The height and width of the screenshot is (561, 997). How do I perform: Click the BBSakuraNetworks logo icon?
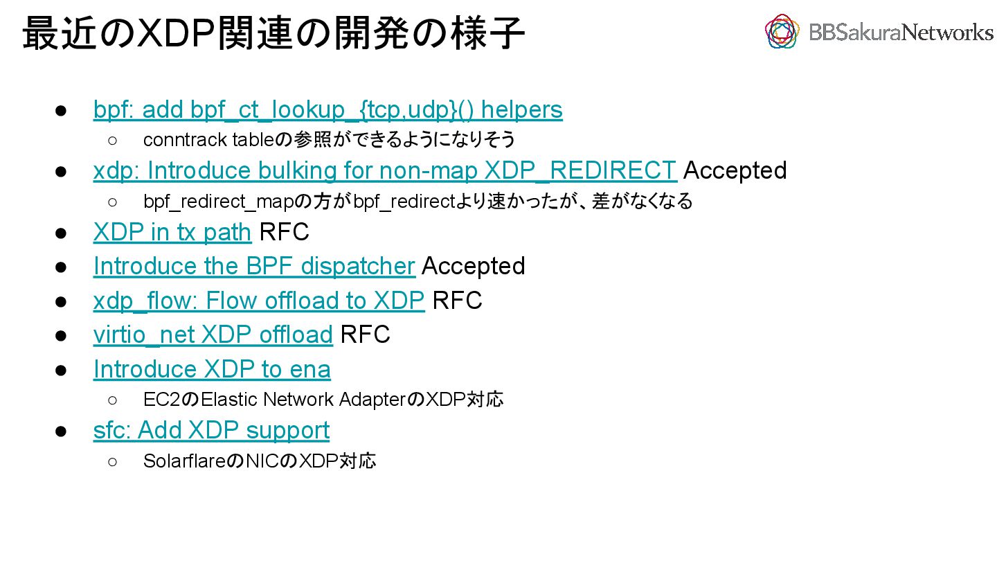point(782,31)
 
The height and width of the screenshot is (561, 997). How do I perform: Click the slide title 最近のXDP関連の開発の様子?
point(274,33)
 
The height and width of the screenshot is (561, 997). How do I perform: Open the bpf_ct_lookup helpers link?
point(327,109)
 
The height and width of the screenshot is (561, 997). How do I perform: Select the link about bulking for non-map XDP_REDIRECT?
point(385,170)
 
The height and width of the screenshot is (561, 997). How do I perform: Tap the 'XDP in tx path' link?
point(172,233)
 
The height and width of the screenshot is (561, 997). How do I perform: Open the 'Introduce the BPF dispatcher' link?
point(253,266)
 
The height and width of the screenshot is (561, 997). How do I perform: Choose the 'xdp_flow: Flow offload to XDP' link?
point(258,301)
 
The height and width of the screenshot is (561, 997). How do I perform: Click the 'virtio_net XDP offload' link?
point(213,335)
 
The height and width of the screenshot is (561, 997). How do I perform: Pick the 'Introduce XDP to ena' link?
point(212,369)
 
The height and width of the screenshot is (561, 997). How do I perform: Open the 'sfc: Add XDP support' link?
point(211,430)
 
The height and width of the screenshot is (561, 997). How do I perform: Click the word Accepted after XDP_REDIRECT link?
point(735,170)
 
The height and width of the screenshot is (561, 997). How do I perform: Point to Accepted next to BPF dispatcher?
point(473,266)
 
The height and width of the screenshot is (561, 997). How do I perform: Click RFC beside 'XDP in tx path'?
point(284,233)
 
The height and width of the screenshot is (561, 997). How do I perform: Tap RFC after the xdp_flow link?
point(457,301)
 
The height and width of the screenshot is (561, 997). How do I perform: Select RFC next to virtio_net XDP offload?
point(365,335)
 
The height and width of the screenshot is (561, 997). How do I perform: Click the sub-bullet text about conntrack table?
point(329,140)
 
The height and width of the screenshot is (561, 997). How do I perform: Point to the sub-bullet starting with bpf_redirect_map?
point(417,202)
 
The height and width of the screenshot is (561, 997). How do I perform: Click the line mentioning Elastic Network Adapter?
point(323,400)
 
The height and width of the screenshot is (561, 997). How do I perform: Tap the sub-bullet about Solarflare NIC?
point(259,461)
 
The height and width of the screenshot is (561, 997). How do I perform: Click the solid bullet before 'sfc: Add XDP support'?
point(61,431)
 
